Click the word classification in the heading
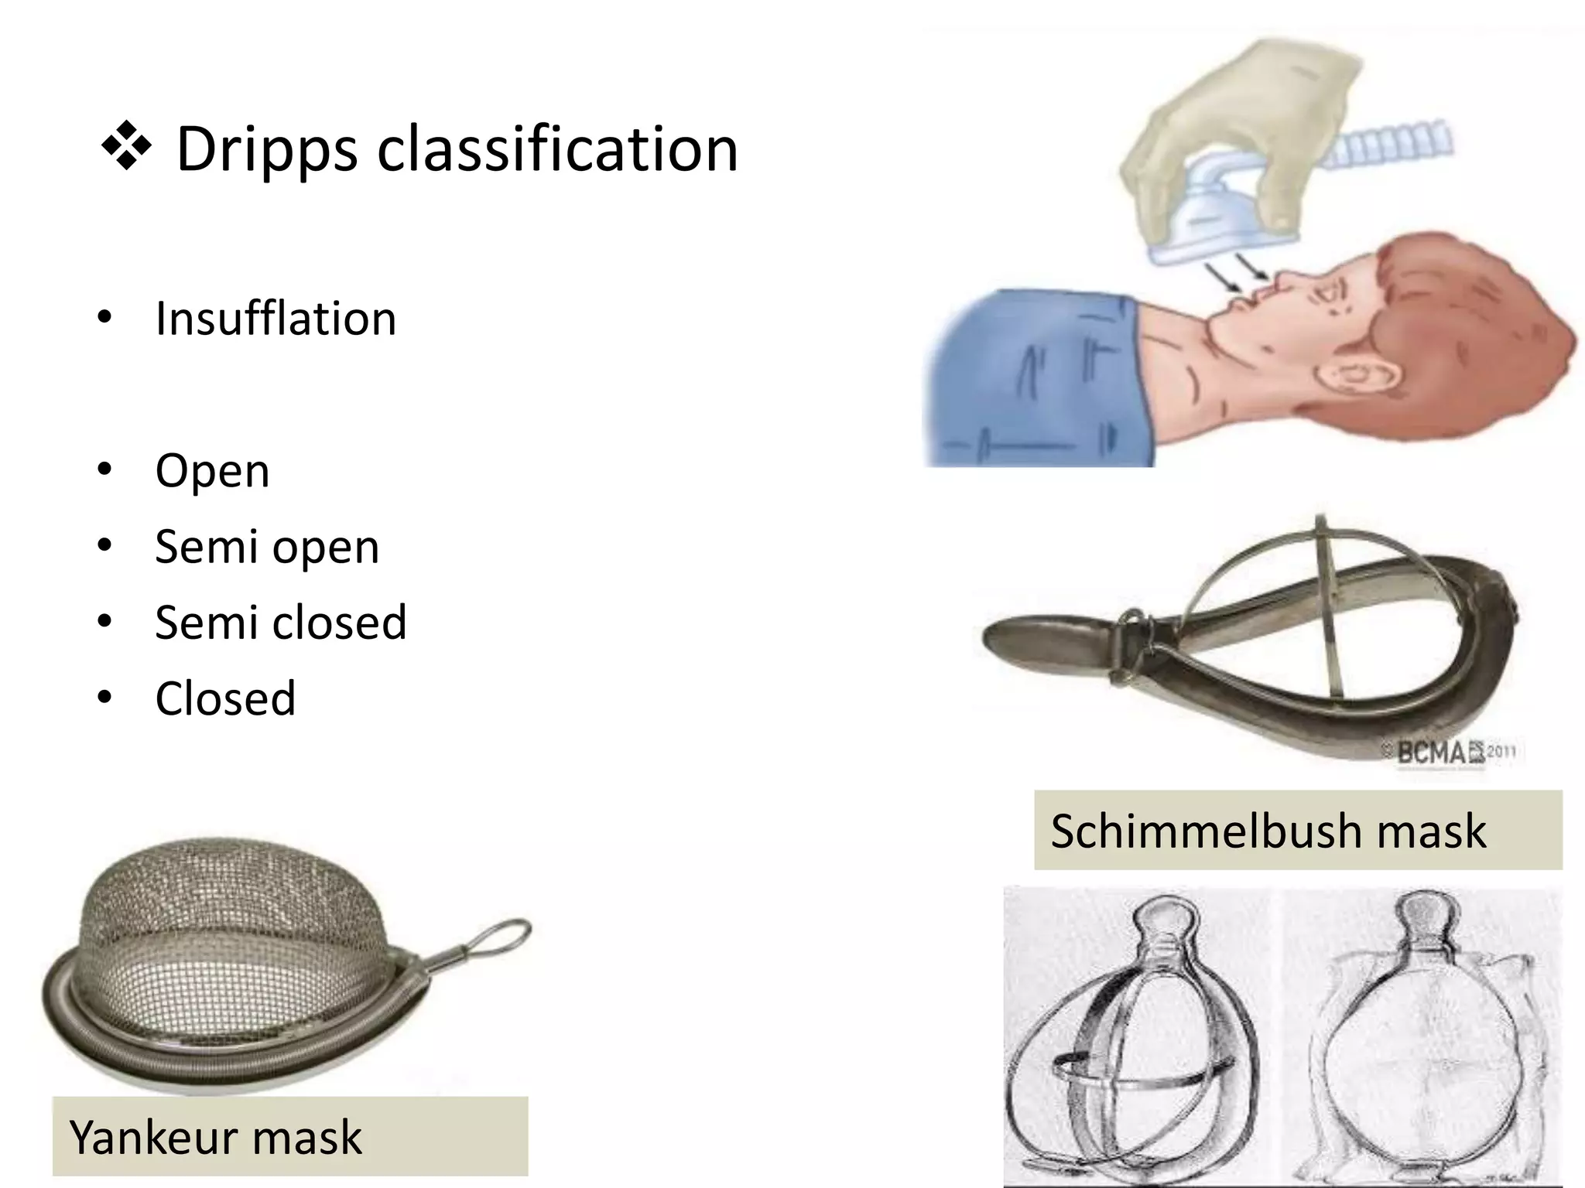[x=557, y=148]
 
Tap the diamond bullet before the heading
[x=126, y=147]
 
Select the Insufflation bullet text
[x=276, y=318]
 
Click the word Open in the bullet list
[x=212, y=470]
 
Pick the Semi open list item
[x=267, y=546]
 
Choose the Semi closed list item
[x=280, y=622]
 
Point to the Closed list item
[x=225, y=698]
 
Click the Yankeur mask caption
[x=215, y=1137]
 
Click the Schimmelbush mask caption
[x=1268, y=831]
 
